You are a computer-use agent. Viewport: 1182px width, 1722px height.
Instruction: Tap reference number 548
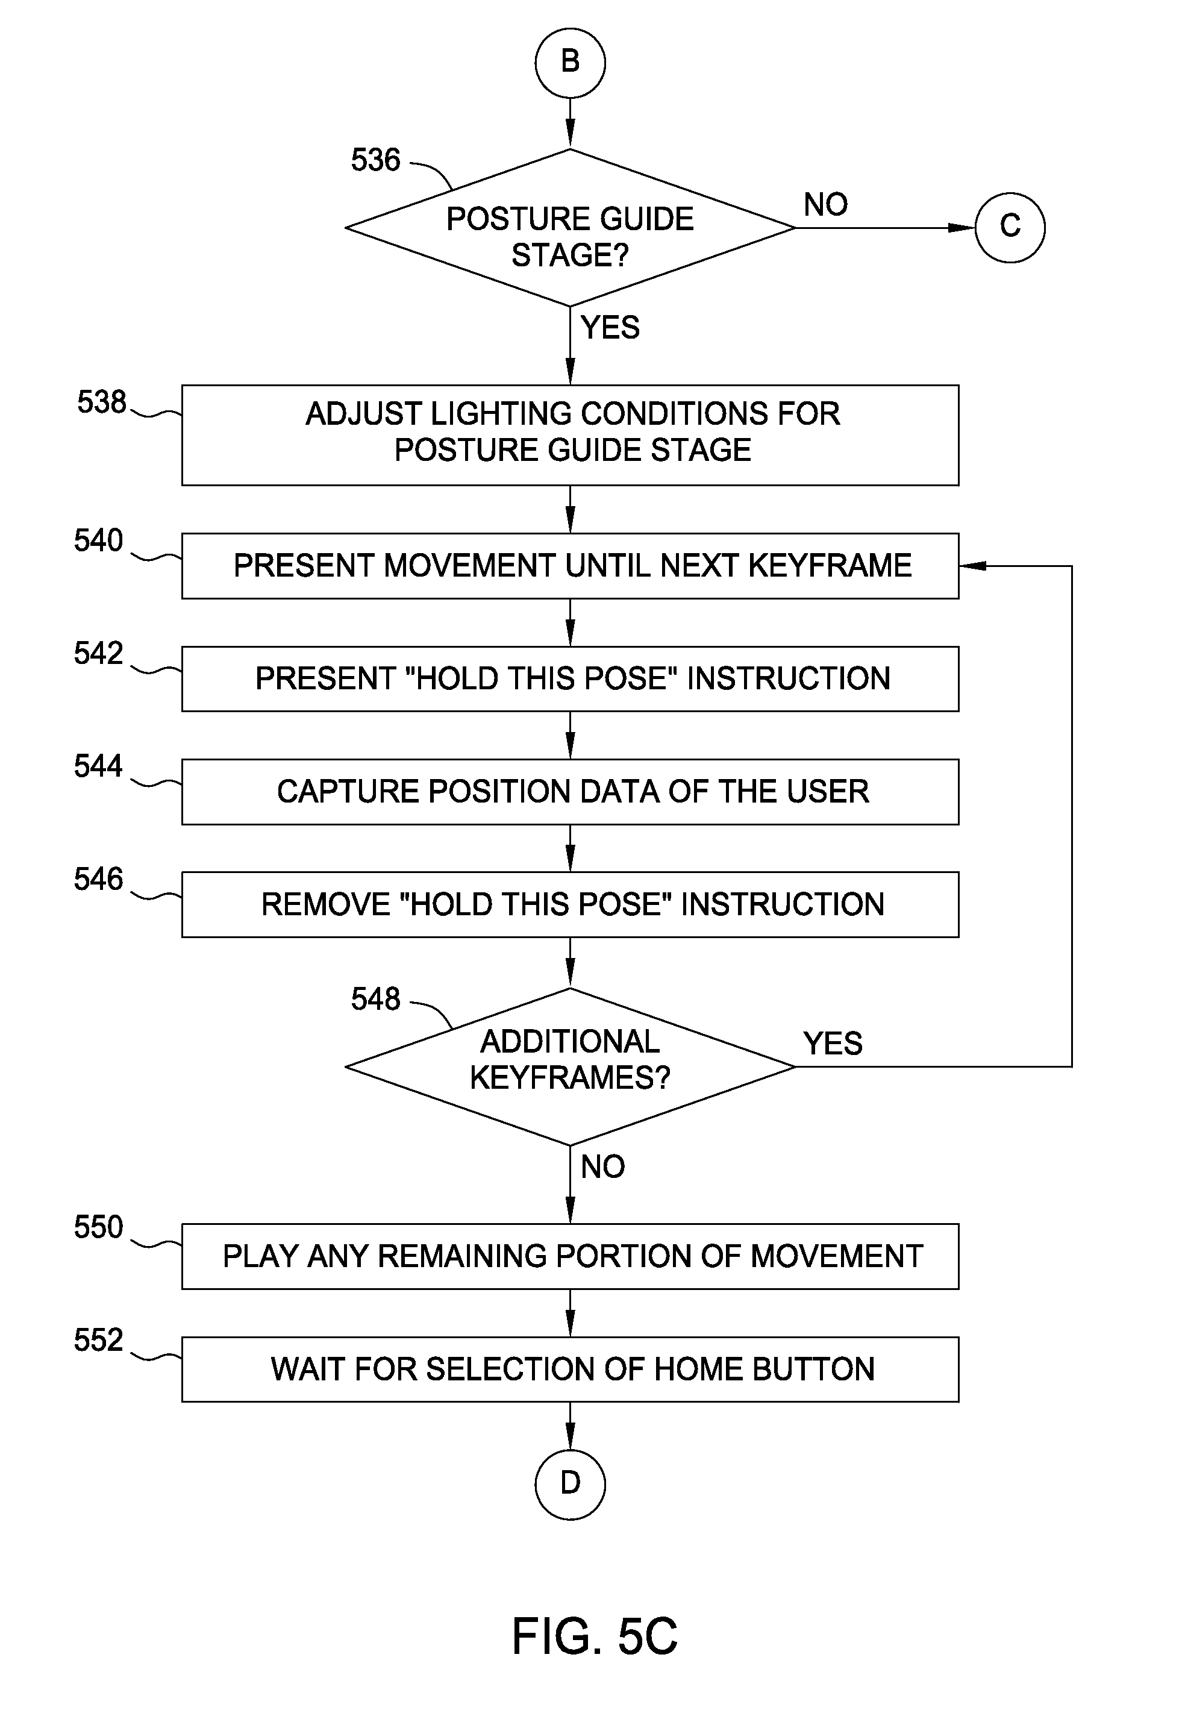click(376, 999)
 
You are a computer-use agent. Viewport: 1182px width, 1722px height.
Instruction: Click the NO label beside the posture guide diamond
click(825, 204)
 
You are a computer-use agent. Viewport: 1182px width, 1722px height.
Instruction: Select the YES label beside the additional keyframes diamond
click(833, 1044)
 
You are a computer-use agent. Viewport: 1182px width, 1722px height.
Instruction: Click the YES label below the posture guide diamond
click(610, 328)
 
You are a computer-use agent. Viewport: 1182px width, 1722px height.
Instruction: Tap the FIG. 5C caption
click(595, 1636)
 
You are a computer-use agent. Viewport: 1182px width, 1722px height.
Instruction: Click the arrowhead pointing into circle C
click(962, 228)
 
